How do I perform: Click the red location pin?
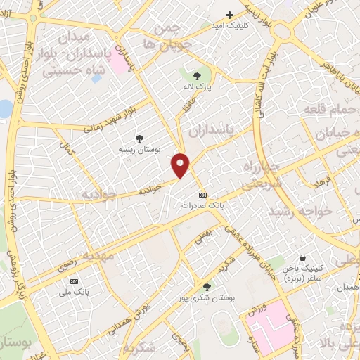181,165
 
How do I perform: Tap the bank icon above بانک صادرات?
203,195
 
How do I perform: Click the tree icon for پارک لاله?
196,76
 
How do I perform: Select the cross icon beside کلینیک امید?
229,15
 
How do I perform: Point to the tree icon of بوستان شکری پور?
206,286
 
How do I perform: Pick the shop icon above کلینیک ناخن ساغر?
303,258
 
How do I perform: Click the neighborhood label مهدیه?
98,256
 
